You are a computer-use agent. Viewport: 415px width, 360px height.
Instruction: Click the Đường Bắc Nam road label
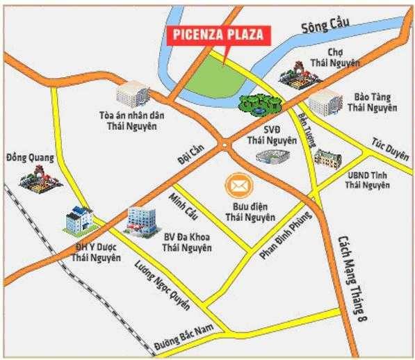click(178, 343)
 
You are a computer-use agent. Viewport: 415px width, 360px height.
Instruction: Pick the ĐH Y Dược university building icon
click(79, 221)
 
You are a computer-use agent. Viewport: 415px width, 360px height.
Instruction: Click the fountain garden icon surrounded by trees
click(259, 104)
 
